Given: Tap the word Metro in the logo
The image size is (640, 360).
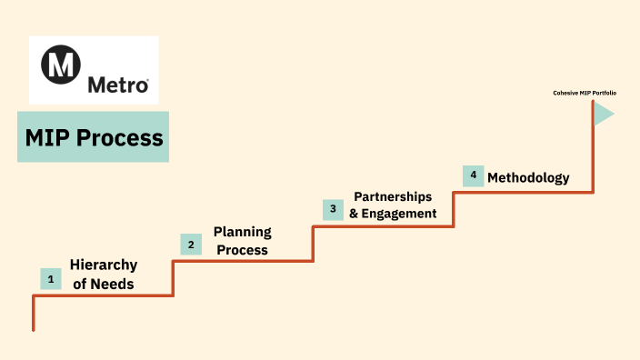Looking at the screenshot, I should (118, 85).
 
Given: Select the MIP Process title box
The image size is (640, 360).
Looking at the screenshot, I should (93, 137).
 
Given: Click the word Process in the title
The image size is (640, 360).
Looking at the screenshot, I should (120, 138).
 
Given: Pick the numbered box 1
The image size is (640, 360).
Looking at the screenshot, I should (51, 279).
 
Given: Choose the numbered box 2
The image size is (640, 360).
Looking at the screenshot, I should (191, 244).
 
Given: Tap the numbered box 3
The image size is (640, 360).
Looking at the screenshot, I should (333, 209).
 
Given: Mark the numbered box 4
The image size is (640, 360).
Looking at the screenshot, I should (473, 175).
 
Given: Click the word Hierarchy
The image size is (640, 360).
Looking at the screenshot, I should (104, 265).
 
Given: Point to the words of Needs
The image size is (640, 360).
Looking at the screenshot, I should (104, 284).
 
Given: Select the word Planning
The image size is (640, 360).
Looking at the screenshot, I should (242, 232).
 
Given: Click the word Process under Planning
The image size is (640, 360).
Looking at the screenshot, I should (242, 250).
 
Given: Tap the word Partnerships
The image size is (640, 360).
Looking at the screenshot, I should (393, 196).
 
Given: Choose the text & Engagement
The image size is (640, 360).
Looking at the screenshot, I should (393, 214).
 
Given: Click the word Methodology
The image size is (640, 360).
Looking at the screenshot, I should (528, 177).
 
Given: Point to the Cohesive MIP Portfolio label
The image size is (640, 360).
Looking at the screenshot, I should (584, 92).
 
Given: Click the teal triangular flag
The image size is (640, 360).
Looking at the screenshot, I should (604, 114).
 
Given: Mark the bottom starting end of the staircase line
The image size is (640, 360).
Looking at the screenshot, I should (34, 329).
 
